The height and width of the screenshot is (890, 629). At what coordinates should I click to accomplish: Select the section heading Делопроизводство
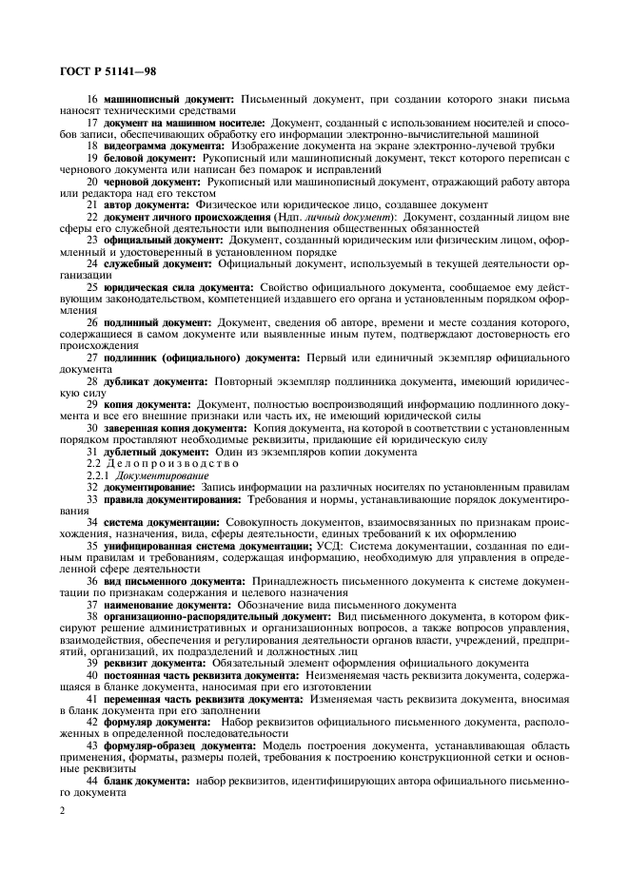(x=158, y=463)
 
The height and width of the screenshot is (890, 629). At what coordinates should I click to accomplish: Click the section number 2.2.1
(x=98, y=474)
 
